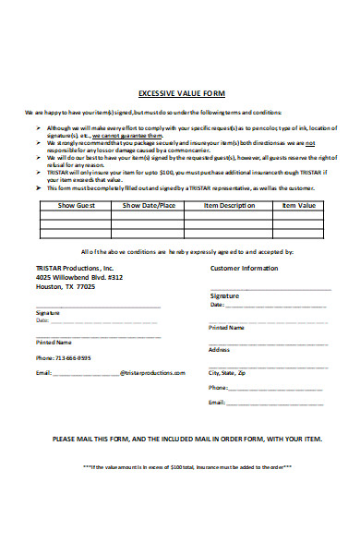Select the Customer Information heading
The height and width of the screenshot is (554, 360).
pyautogui.click(x=244, y=268)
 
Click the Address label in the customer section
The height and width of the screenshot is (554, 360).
pyautogui.click(x=219, y=350)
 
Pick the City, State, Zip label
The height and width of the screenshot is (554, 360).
pyautogui.click(x=228, y=372)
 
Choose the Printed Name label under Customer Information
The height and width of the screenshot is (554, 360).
pyautogui.click(x=227, y=327)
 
